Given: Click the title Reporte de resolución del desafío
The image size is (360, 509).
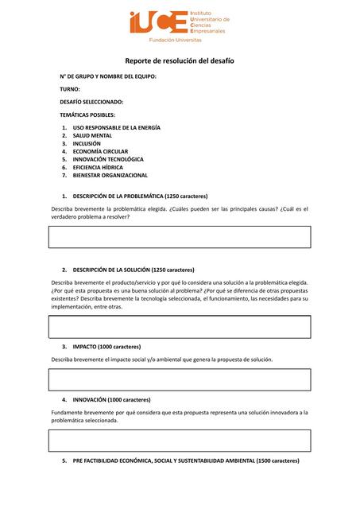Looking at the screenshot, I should [180, 61].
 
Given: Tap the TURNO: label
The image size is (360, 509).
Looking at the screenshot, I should [70, 89].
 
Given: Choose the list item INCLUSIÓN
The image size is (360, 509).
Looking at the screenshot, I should [87, 144].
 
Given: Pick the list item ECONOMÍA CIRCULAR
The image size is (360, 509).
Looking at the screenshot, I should [100, 152].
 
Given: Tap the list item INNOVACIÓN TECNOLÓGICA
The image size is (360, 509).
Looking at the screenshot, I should [108, 159].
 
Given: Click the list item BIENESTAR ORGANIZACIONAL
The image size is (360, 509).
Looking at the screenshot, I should [110, 175].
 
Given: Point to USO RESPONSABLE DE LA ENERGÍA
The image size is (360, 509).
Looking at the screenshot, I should [116, 128].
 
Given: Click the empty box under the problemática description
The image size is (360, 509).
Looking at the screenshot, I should [180, 237].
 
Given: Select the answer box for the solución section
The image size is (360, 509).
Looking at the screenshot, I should [180, 327].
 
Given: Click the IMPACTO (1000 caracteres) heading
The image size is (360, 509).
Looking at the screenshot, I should [106, 347].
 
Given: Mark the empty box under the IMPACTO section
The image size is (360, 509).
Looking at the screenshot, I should [180, 380].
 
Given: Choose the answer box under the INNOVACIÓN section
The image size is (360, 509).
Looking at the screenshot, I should [180, 441].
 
